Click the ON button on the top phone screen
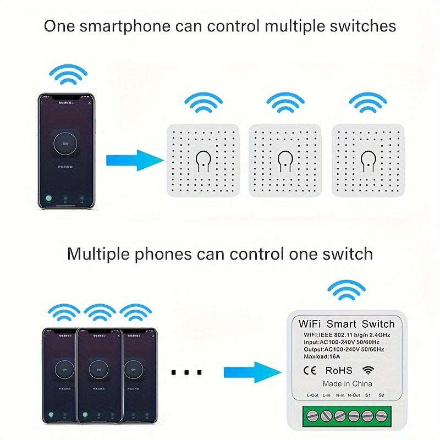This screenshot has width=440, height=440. coord(65,144)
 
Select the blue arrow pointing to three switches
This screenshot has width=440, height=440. coord(134,161)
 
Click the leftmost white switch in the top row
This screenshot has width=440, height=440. coord(203,161)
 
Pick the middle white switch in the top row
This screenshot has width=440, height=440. coord(285,161)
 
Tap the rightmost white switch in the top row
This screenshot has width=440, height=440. coord(367,161)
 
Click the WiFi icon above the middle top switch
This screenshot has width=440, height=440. coord(285,102)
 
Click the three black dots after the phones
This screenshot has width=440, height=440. coord(187,373)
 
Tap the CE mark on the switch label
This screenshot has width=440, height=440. coord(310,371)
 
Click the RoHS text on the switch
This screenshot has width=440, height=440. coord(339,371)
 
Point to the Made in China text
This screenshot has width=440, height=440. coord(347,383)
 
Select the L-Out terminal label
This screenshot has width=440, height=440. coord(312,395)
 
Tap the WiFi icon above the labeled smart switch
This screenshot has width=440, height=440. coord(346,290)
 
